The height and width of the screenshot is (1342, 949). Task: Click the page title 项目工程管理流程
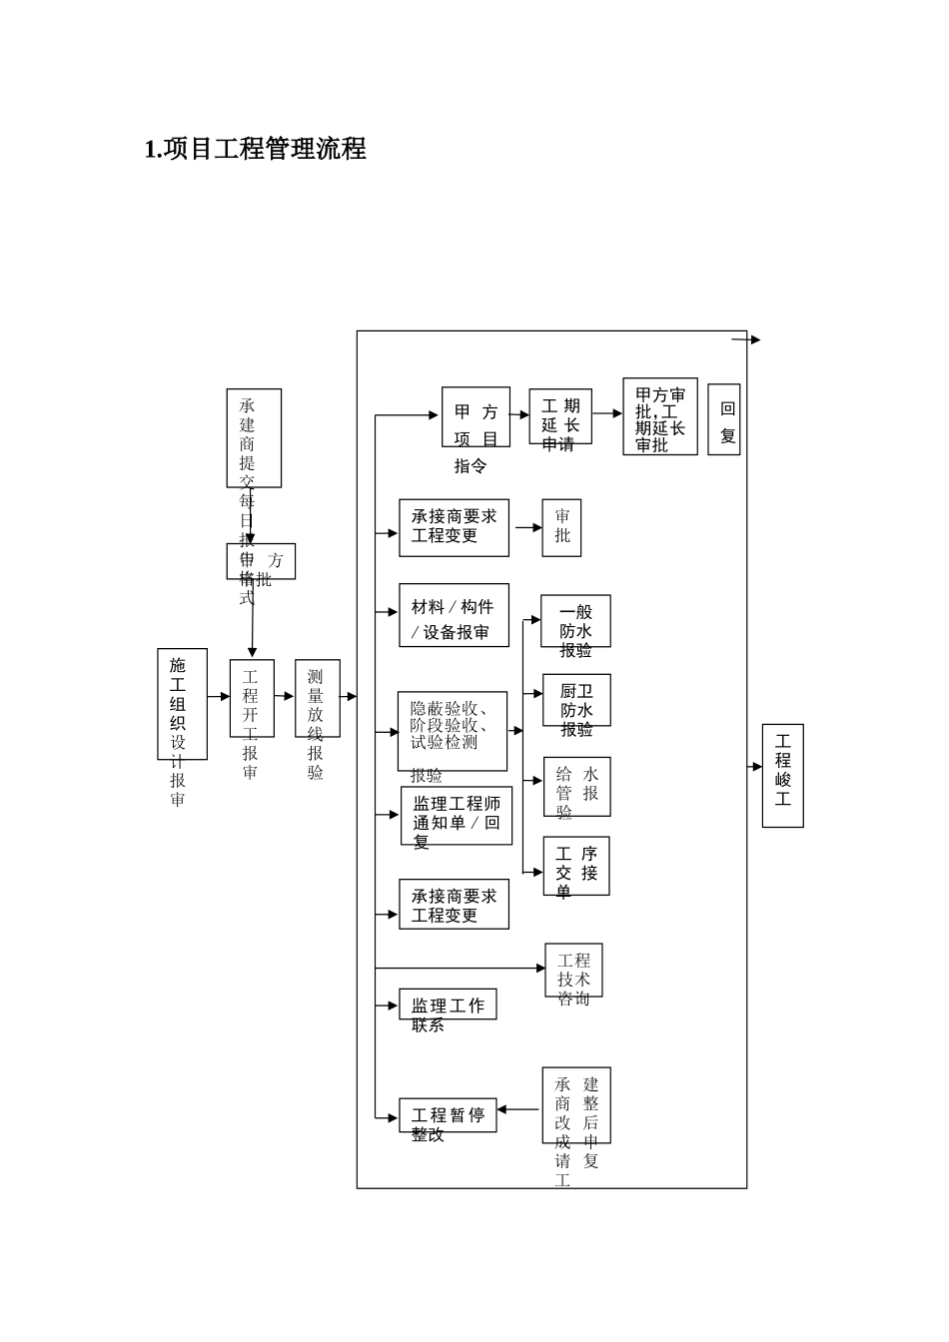coord(256,150)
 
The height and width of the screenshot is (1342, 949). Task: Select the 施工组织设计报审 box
coord(182,704)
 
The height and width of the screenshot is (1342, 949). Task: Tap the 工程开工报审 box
coord(251,698)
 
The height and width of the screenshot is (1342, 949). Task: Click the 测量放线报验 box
coord(317,698)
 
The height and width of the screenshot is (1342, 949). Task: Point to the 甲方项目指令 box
coord(475,417)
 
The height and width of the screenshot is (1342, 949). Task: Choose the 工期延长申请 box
coord(560,417)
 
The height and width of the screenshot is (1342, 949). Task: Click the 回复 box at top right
coord(724,419)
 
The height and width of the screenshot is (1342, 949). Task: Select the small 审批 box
coord(561,527)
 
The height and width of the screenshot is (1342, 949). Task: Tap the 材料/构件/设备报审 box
coord(454,616)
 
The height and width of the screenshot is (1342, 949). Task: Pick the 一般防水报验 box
coord(575,622)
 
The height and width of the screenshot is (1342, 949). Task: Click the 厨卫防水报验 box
coord(576,700)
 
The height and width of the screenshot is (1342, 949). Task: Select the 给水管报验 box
coord(576,787)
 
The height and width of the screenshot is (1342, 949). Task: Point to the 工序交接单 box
coord(576,866)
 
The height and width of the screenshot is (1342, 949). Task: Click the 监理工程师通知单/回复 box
coord(457,816)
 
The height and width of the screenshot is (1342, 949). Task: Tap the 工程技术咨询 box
coord(573,971)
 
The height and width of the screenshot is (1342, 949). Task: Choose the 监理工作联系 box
coord(448,1005)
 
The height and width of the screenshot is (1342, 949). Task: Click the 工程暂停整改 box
coord(448,1115)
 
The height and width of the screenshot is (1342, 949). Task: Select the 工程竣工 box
coord(782,776)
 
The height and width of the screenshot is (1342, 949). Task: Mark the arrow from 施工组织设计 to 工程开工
coord(219,696)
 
